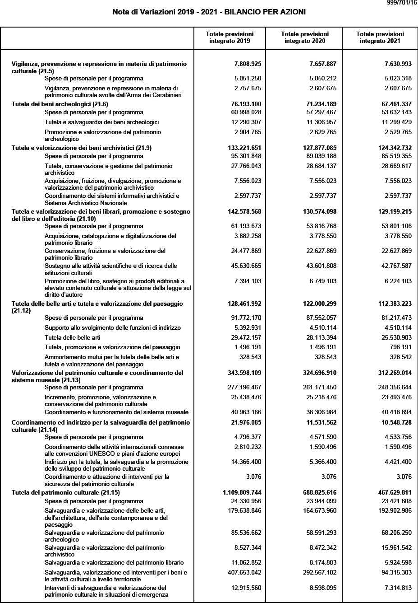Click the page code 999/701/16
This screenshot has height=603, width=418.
[402, 3]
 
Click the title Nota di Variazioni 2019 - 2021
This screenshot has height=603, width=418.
[209, 12]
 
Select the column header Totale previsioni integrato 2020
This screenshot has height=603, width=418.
[304, 37]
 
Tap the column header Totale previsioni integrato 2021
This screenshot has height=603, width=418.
[380, 37]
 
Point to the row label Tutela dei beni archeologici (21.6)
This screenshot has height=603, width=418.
[60, 104]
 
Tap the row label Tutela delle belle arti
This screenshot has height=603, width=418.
[73, 337]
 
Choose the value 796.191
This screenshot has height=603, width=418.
[398, 347]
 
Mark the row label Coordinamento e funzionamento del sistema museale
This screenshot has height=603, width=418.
[116, 412]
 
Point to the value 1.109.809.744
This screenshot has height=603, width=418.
[242, 492]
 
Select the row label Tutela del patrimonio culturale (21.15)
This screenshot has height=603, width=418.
[66, 492]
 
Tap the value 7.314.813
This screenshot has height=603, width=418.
[396, 588]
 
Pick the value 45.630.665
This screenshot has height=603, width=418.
[246, 266]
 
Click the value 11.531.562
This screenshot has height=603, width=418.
[319, 423]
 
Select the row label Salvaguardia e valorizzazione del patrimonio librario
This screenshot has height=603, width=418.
[114, 563]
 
